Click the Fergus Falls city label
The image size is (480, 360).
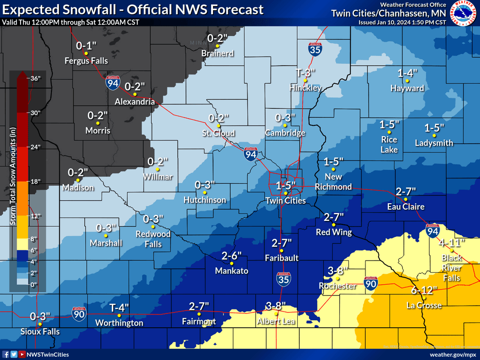86,61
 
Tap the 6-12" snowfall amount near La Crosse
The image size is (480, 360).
424,290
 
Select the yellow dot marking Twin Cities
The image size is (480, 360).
286,193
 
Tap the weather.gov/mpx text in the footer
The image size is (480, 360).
452,354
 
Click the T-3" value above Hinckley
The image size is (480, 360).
306,72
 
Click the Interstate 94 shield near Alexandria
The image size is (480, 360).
113,84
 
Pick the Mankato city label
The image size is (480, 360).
232,271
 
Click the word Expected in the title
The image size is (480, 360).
30,9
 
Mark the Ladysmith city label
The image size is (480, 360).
434,144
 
